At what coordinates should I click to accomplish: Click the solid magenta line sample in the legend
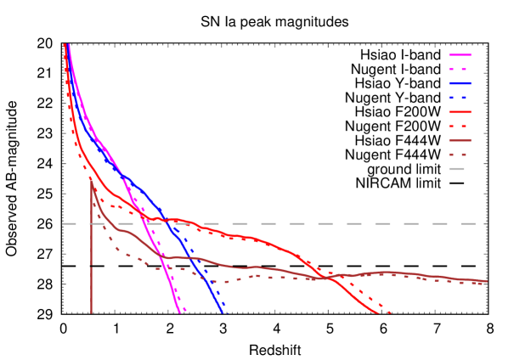tap(460, 54)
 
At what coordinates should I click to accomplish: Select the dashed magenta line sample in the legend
tap(460, 69)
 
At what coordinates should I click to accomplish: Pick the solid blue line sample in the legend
tap(460, 83)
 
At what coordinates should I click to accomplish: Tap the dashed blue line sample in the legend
tap(460, 98)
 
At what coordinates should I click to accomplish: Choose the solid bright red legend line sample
tap(460, 111)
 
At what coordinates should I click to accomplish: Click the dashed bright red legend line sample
tap(460, 126)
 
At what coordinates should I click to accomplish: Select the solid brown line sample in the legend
tap(460, 140)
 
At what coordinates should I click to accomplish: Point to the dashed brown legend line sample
tap(460, 155)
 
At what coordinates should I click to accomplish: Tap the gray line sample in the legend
tap(457, 169)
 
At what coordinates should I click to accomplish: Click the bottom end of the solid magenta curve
tap(180, 312)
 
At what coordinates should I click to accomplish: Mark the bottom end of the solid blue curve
tap(223, 312)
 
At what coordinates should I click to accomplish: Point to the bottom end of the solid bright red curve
tap(378, 312)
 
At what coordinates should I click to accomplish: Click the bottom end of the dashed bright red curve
tap(391, 312)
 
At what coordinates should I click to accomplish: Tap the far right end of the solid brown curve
tap(487, 281)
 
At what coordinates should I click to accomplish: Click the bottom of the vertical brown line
tap(91, 312)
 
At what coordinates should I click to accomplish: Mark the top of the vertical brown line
tap(91, 177)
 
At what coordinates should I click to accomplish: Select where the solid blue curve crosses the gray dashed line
tap(169, 223)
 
